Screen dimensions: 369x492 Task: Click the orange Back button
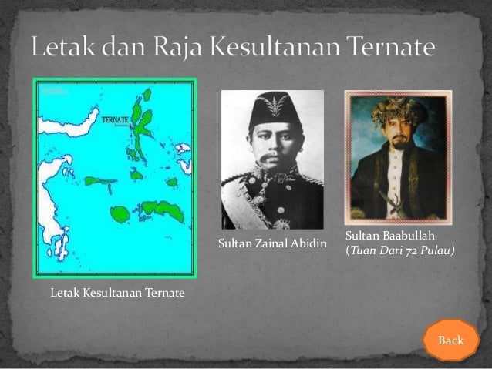(x=450, y=340)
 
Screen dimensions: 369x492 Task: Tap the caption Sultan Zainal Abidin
(x=273, y=245)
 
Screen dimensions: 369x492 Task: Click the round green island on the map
(x=120, y=213)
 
